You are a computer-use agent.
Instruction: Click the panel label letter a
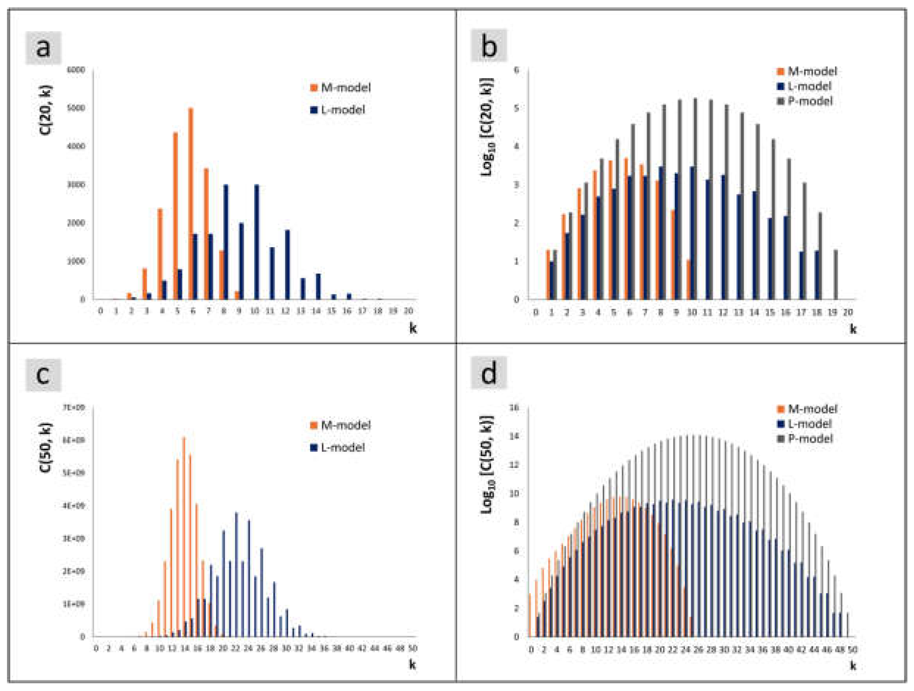[43, 48]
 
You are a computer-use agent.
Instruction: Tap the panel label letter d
[489, 375]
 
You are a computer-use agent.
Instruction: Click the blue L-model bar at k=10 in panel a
[257, 242]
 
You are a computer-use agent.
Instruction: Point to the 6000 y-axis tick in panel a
[76, 70]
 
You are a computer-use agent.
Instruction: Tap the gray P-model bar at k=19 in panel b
[836, 274]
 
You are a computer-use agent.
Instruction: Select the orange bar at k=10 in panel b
[689, 279]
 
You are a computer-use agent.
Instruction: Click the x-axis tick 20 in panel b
[847, 312]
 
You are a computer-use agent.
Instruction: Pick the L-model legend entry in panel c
[338, 447]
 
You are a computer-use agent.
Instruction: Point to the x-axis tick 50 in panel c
[412, 648]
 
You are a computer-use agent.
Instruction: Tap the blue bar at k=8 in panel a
[225, 242]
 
